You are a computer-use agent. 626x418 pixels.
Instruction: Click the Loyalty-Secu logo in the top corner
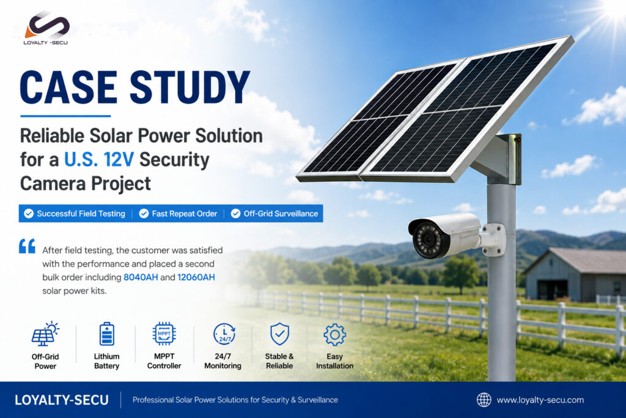pos(46,28)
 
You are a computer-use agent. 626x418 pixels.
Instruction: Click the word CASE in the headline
pos(68,87)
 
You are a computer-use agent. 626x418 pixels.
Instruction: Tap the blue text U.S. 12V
pos(99,160)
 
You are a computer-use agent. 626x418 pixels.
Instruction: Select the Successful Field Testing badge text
pos(81,214)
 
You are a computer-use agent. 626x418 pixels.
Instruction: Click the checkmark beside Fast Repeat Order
pos(144,214)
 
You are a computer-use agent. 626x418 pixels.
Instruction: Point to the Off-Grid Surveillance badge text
pos(281,214)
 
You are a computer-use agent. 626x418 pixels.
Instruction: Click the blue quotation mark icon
pos(27,246)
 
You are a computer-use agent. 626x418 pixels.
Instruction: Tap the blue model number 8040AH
pos(141,277)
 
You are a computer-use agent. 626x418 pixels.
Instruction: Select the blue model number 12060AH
pos(196,277)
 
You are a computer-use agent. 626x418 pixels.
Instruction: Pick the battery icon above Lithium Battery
pos(106,334)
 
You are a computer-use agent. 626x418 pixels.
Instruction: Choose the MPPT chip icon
pos(164,334)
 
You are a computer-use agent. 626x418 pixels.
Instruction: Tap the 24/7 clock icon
pos(224,334)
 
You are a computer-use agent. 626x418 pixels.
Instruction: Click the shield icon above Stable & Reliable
pos(279,334)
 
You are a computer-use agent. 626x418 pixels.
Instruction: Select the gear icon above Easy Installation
pos(334,335)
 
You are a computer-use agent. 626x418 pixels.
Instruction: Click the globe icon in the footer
pos(484,400)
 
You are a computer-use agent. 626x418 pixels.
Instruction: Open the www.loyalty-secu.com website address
pos(540,400)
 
